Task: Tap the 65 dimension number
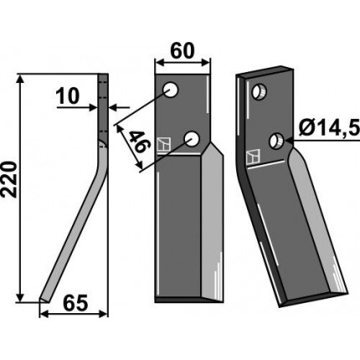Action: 75,303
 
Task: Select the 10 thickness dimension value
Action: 68,96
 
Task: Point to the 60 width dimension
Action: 182,51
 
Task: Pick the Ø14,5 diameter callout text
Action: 328,128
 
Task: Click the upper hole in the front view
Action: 171,90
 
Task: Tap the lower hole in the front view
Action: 192,139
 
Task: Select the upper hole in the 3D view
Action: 260,92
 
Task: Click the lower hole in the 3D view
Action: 276,141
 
